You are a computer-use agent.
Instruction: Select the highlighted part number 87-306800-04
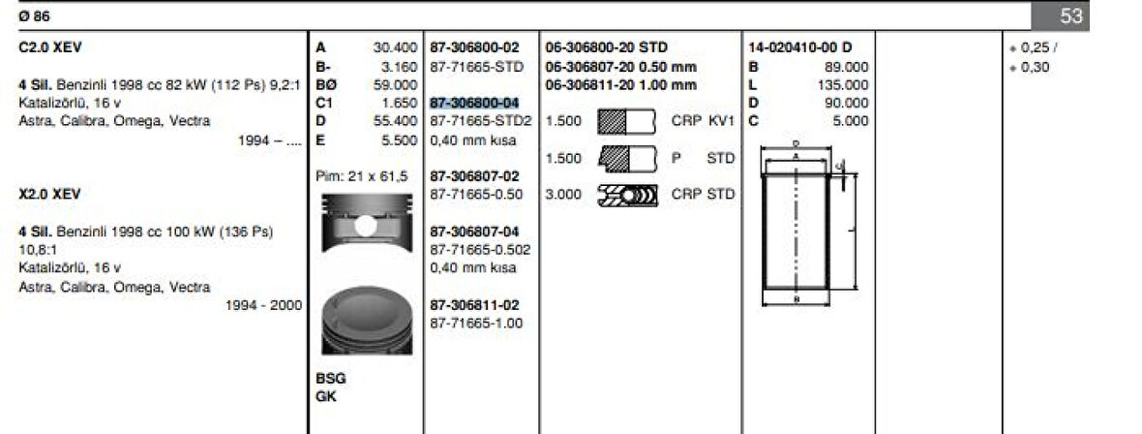[474, 103]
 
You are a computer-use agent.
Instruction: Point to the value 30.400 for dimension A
[395, 47]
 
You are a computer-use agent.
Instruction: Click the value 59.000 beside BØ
[395, 84]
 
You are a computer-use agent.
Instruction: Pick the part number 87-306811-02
[474, 305]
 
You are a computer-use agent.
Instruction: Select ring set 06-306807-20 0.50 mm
[620, 66]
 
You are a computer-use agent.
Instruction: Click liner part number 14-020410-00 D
[800, 47]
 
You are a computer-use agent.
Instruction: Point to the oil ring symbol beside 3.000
[627, 195]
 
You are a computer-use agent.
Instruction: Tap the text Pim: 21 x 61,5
[362, 176]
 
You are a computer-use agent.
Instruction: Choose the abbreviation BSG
[330, 379]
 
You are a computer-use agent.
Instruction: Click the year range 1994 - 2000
[262, 305]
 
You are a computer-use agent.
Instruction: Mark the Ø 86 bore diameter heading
[33, 15]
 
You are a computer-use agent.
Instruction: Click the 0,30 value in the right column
[1034, 67]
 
